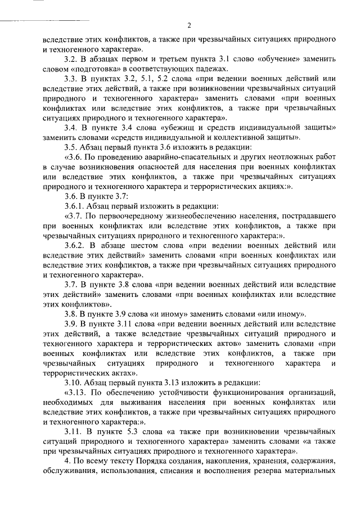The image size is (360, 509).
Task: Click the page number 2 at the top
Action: pos(189,25)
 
